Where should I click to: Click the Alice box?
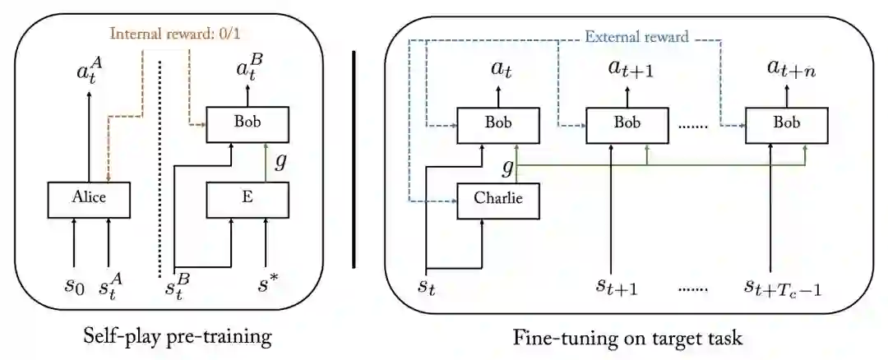click(90, 196)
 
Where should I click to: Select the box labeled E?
click(247, 196)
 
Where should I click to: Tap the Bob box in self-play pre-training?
click(247, 122)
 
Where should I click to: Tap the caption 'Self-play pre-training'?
click(178, 336)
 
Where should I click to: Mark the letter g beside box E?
click(280, 163)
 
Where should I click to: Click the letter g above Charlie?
click(507, 168)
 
